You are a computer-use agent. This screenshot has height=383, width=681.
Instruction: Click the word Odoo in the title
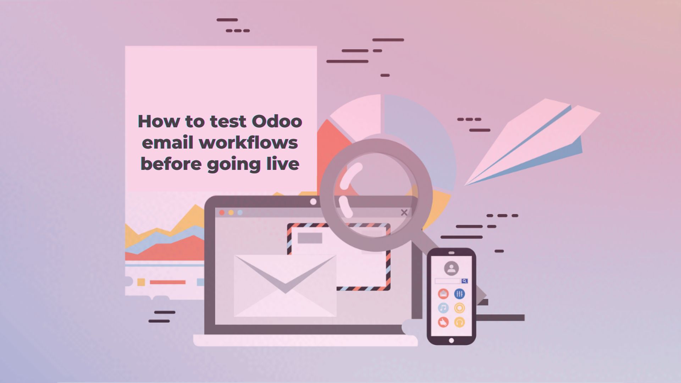pyautogui.click(x=277, y=121)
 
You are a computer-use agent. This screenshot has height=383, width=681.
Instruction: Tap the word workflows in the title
pyautogui.click(x=248, y=143)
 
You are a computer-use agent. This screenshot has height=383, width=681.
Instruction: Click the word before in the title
pyautogui.click(x=171, y=164)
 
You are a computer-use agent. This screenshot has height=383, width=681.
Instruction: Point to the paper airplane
pyautogui.click(x=532, y=142)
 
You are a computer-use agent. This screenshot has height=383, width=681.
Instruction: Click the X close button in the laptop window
pyautogui.click(x=404, y=212)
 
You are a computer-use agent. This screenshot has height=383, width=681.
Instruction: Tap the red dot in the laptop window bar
pyautogui.click(x=222, y=212)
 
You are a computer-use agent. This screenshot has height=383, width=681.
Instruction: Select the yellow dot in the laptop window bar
pyautogui.click(x=231, y=212)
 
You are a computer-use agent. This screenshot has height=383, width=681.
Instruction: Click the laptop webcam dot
pyautogui.click(x=313, y=202)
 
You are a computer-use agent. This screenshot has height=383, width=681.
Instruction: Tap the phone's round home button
pyautogui.click(x=451, y=340)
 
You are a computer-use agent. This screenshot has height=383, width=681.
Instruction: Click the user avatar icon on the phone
pyautogui.click(x=451, y=268)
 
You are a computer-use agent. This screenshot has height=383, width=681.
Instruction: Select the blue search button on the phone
pyautogui.click(x=464, y=281)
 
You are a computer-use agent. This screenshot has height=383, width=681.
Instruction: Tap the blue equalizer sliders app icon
pyautogui.click(x=459, y=294)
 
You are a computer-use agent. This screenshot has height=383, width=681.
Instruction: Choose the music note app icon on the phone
pyautogui.click(x=443, y=308)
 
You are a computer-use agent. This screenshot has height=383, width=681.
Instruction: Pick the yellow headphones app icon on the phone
pyautogui.click(x=459, y=322)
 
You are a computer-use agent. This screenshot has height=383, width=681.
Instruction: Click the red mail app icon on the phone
pyautogui.click(x=443, y=294)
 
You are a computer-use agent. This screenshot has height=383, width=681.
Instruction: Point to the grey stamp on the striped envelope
pyautogui.click(x=310, y=238)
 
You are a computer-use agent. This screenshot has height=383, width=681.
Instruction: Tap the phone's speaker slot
pyautogui.click(x=451, y=253)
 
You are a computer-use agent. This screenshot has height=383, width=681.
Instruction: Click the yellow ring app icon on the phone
pyautogui.click(x=459, y=308)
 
